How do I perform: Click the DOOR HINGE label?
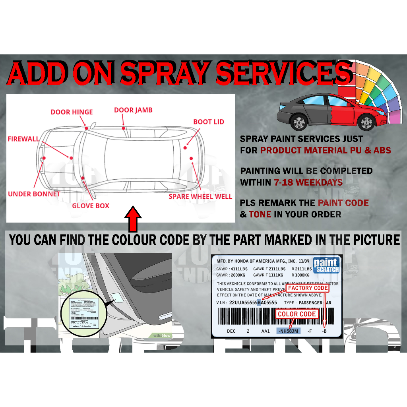click(x=72, y=112)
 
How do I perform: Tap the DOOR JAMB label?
click(x=133, y=110)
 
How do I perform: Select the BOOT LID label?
click(x=209, y=122)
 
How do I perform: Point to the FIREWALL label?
click(x=23, y=139)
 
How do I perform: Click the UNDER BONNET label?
click(x=34, y=194)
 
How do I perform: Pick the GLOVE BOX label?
click(x=91, y=205)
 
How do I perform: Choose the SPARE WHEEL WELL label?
click(x=200, y=196)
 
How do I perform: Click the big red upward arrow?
click(x=133, y=219)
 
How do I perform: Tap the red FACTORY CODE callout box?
click(x=308, y=288)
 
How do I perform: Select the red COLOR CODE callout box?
click(x=297, y=314)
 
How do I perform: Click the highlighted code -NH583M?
click(x=289, y=331)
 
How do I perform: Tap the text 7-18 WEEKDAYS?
click(x=308, y=182)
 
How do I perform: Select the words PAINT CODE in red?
click(x=343, y=203)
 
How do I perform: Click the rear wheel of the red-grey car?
click(x=298, y=122)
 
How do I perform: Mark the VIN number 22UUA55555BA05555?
click(x=253, y=302)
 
